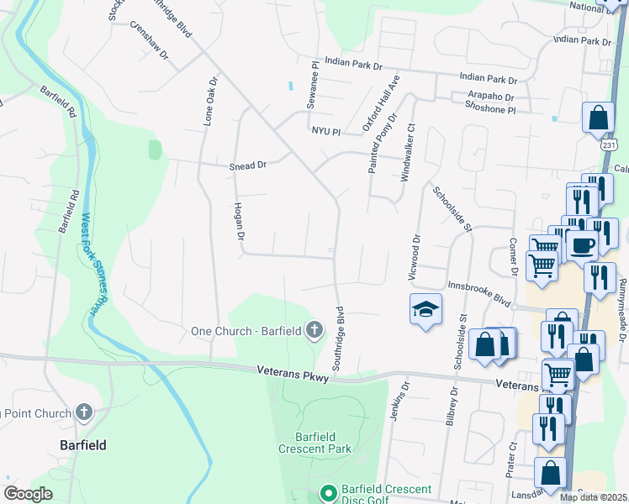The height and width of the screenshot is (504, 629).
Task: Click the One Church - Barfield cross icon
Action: [x=314, y=329]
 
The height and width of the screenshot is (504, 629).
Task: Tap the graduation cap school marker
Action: [x=425, y=310]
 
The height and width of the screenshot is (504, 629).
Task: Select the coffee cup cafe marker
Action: [x=580, y=245]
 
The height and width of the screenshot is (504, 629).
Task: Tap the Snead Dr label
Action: [x=247, y=166]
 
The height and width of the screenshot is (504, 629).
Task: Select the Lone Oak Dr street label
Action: [x=211, y=103]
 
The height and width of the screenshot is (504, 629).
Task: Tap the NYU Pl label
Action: [x=325, y=132]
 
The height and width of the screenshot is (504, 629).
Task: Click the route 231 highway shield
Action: [x=610, y=145]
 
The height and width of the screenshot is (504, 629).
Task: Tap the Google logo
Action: [x=28, y=494]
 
